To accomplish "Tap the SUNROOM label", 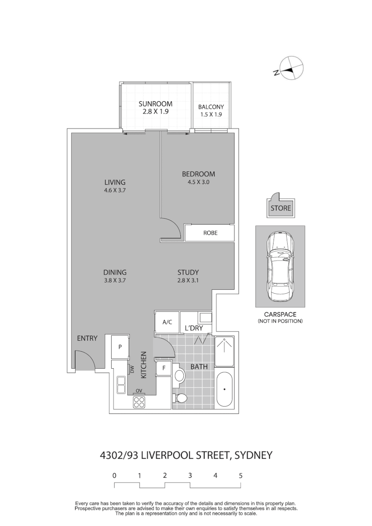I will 155,104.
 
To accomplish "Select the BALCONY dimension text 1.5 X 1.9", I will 211,115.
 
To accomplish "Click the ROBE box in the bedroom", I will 210,233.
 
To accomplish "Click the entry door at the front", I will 84,361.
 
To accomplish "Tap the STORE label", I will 280,208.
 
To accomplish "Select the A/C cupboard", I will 167,322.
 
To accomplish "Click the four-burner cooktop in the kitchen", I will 139,402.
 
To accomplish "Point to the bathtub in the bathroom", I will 225,389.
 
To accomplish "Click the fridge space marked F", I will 163,368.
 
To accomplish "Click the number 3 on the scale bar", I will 190,475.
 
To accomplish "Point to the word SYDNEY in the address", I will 253,456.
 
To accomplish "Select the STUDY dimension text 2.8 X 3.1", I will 188,281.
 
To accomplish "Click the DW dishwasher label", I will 132,370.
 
